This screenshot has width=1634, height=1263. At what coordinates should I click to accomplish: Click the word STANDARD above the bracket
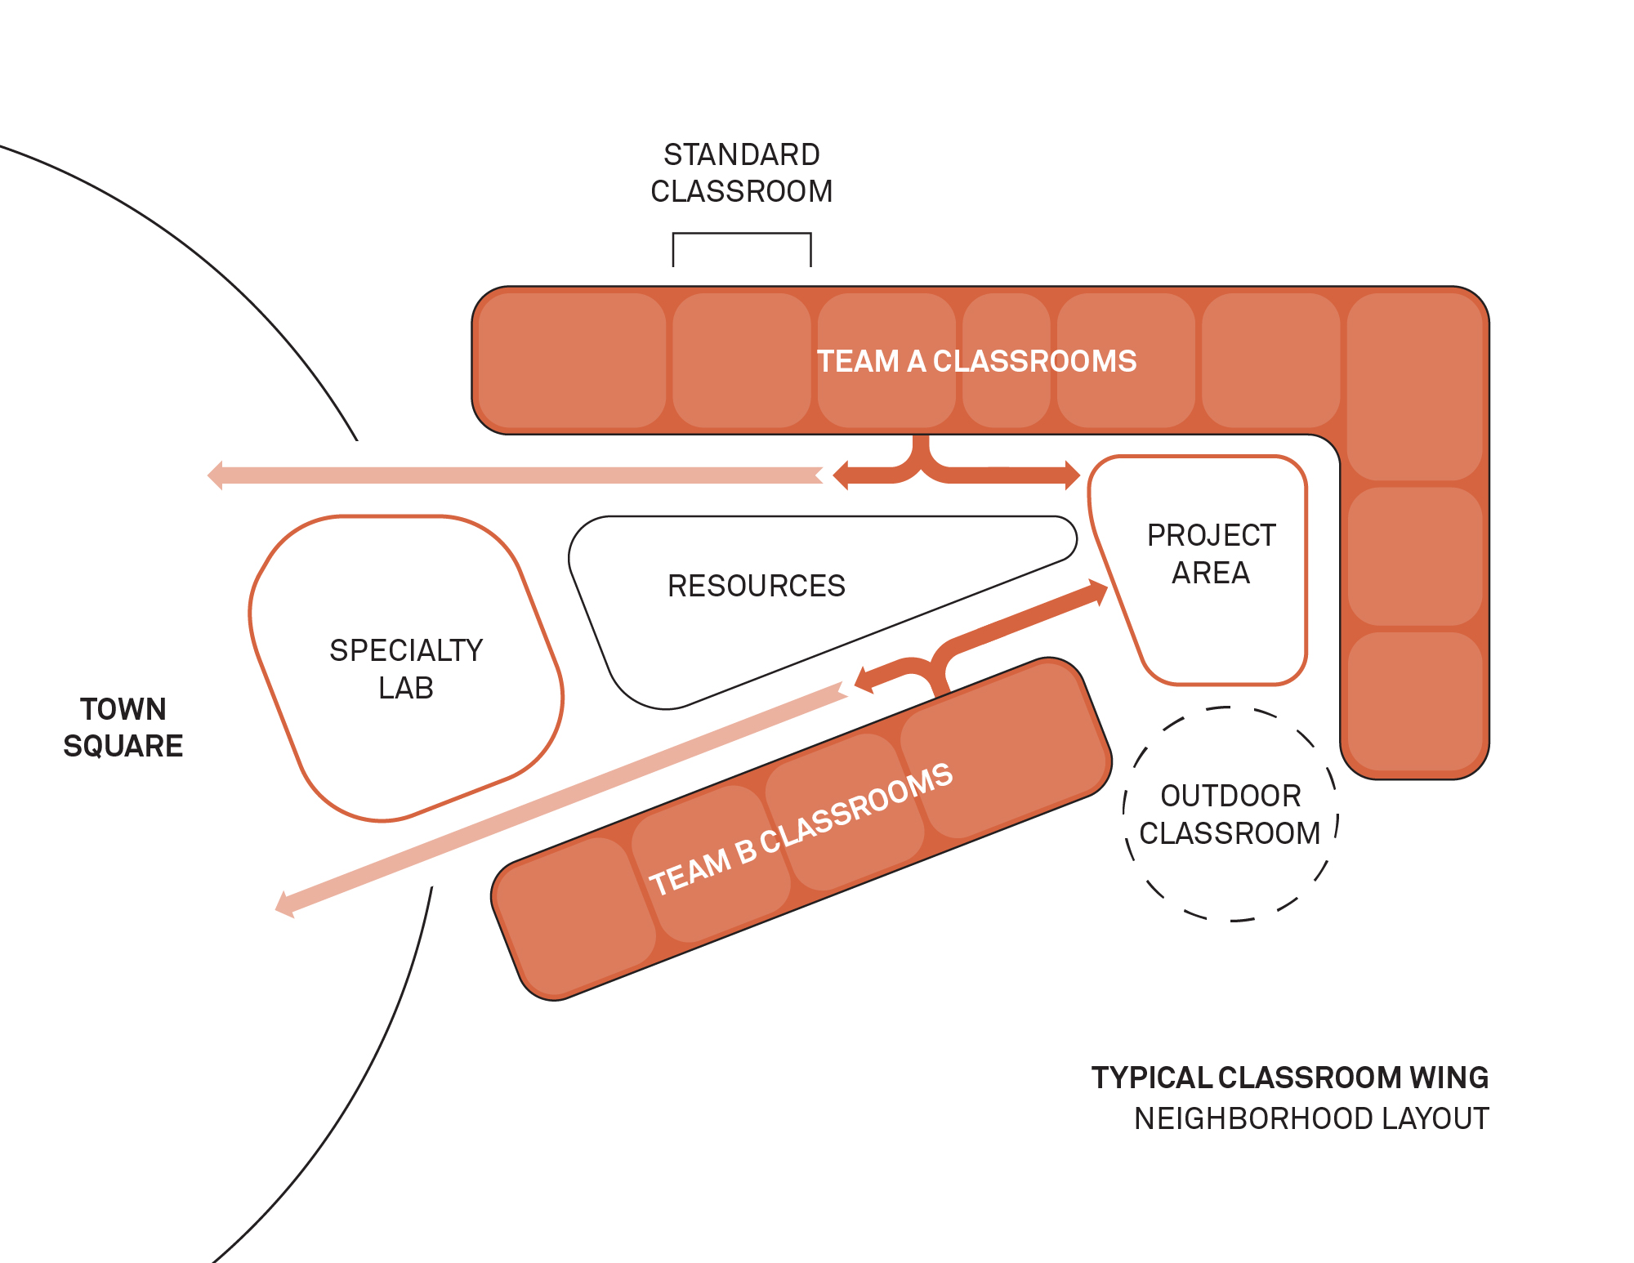point(741,154)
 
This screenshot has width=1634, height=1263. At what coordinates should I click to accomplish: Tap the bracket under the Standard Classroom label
point(741,234)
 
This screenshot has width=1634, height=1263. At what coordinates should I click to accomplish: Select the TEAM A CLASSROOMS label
point(976,361)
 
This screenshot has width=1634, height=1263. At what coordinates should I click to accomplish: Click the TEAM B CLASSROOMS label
point(801,828)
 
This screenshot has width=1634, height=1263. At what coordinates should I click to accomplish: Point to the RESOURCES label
point(756,586)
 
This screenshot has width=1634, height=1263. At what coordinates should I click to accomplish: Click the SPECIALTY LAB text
point(406,669)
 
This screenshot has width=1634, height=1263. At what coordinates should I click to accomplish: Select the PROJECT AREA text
point(1211,554)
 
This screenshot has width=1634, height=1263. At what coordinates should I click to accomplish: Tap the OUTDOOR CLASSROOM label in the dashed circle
point(1230,814)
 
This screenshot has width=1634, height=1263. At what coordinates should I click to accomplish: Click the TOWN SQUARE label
point(123,727)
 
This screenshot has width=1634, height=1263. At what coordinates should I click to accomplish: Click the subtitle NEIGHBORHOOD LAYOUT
point(1310,1118)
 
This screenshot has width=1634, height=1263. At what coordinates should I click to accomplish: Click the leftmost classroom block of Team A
point(571,360)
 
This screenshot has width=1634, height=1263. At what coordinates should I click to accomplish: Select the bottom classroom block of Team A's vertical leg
point(1414,701)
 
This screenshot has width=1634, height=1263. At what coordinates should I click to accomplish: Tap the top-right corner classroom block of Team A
point(1414,386)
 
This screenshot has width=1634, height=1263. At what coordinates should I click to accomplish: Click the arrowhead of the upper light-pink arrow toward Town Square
point(216,475)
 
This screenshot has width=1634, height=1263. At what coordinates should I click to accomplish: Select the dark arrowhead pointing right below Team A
point(1071,475)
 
